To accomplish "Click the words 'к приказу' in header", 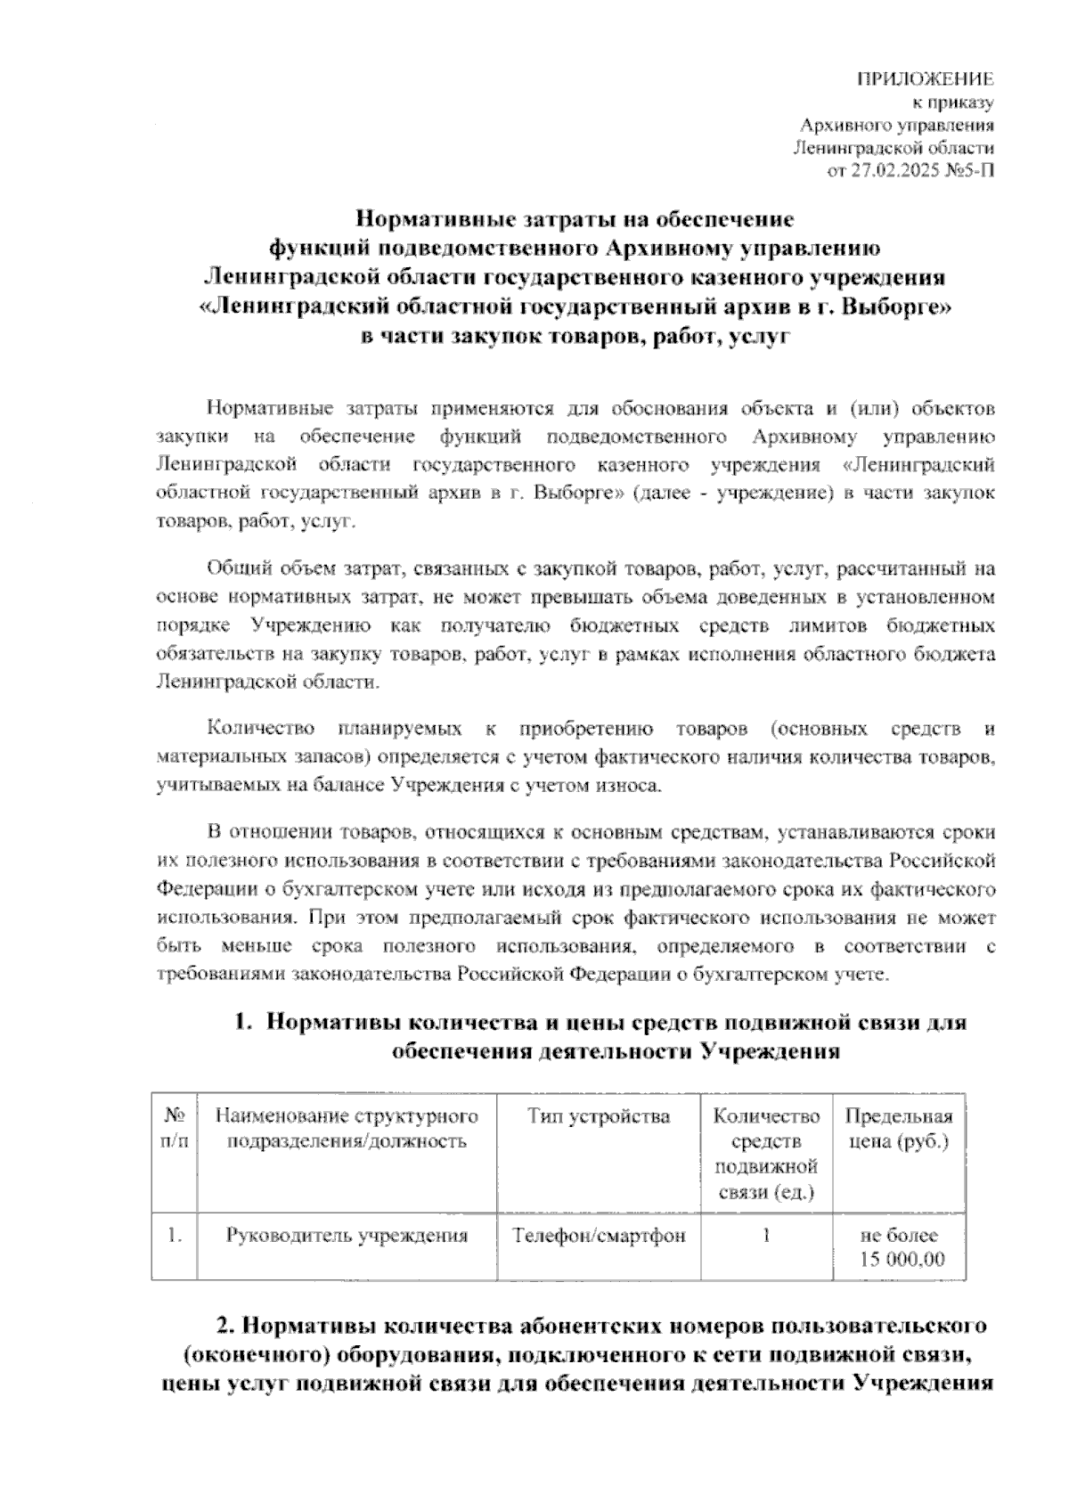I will click(x=960, y=103).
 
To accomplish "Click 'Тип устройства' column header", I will click(x=598, y=1116).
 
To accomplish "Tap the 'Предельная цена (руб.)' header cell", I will click(x=898, y=1129).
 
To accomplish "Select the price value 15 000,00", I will click(x=902, y=1260).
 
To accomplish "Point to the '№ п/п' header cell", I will click(x=175, y=1129).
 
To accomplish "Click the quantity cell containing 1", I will click(x=765, y=1236).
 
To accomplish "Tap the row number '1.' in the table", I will click(x=175, y=1236).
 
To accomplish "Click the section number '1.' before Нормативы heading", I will click(x=244, y=1023).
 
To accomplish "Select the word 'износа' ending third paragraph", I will click(x=632, y=786).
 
